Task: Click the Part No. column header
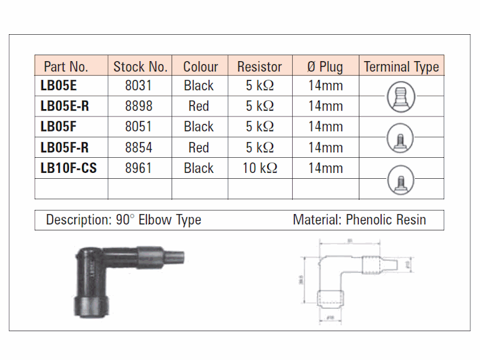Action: point(66,66)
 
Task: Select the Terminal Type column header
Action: point(401,66)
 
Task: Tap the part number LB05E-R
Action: point(64,106)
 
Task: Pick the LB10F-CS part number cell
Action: point(68,169)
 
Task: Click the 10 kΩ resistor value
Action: point(259,169)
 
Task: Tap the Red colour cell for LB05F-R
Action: point(199,148)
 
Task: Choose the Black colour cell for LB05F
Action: point(199,127)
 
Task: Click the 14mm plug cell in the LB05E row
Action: point(325,86)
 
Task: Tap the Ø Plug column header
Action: point(325,66)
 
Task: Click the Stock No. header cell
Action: point(140,66)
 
